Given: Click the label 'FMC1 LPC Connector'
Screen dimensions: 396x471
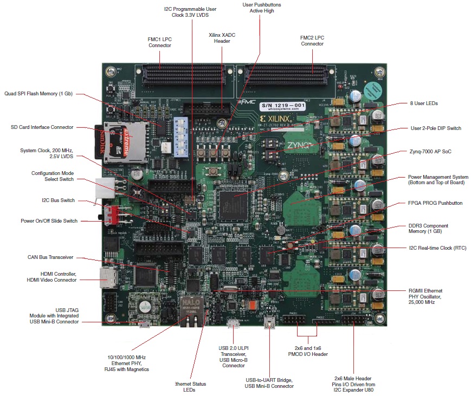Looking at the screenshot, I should (x=160, y=42).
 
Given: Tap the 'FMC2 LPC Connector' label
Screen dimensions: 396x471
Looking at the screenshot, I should (x=312, y=41).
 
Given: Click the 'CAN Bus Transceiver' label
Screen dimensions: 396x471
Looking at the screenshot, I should (x=50, y=257).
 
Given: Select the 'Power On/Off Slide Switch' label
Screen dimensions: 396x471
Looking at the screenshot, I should (x=49, y=221).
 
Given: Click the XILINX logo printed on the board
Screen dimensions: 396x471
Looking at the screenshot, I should (x=276, y=118).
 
